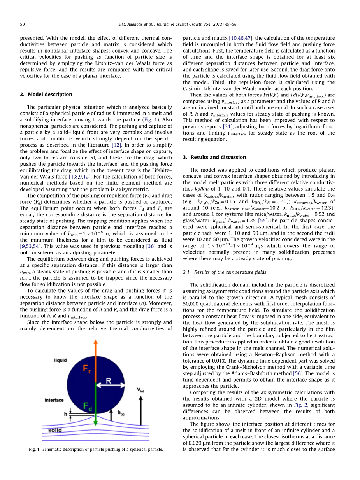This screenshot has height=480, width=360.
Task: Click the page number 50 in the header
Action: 22,25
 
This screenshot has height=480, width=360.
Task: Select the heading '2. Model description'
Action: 46,94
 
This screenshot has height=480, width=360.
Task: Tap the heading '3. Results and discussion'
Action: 214,157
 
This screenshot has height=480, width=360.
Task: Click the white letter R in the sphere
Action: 109,381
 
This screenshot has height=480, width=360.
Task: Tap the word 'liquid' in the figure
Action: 60,361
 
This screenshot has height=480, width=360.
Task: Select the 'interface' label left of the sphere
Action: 54,400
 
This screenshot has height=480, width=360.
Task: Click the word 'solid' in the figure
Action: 55,430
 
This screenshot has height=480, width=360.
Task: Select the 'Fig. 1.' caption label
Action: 35,449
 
